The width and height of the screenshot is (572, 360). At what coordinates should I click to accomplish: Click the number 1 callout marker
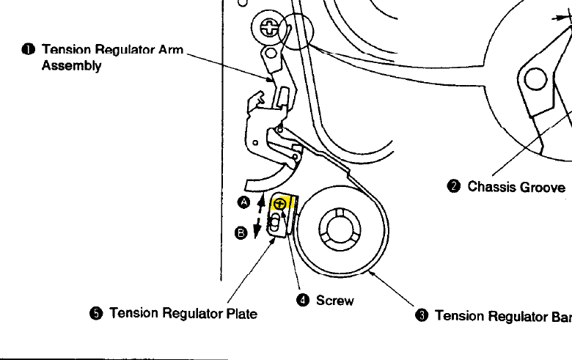click(x=27, y=50)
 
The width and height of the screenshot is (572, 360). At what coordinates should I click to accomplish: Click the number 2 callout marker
click(x=453, y=186)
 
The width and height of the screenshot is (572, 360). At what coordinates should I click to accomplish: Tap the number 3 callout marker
click(x=421, y=316)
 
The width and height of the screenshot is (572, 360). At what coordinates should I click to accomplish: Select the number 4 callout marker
click(x=302, y=301)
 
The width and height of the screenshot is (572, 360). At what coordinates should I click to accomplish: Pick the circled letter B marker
click(x=241, y=234)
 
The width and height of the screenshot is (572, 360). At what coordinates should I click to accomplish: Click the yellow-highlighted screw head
click(x=278, y=205)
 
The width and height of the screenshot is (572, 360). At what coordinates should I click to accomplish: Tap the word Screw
click(x=334, y=301)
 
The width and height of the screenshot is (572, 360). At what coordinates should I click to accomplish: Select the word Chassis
click(x=491, y=187)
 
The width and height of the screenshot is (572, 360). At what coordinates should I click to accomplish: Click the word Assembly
click(x=71, y=65)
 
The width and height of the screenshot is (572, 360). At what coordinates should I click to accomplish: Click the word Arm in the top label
click(x=170, y=50)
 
